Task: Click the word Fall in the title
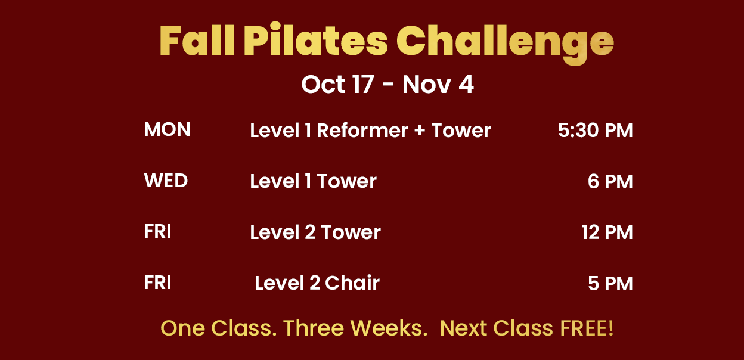pyautogui.click(x=197, y=40)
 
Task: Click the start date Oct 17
pyautogui.click(x=337, y=84)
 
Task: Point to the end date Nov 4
pyautogui.click(x=438, y=85)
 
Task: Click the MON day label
pyautogui.click(x=167, y=129)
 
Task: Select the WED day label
pyautogui.click(x=166, y=181)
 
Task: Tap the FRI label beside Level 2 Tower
pyautogui.click(x=157, y=231)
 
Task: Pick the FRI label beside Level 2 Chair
pyautogui.click(x=157, y=283)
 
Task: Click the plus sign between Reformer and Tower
pyautogui.click(x=420, y=130)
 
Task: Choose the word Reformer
pyautogui.click(x=362, y=130)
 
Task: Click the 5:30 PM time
pyautogui.click(x=595, y=130)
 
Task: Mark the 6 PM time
pyautogui.click(x=610, y=181)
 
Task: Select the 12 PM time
pyautogui.click(x=607, y=232)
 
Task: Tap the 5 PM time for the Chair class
pyautogui.click(x=610, y=283)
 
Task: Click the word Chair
pyautogui.click(x=352, y=283)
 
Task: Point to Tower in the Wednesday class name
pyautogui.click(x=347, y=181)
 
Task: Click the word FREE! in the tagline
pyautogui.click(x=587, y=328)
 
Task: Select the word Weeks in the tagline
pyautogui.click(x=389, y=328)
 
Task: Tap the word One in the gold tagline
pyautogui.click(x=182, y=328)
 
